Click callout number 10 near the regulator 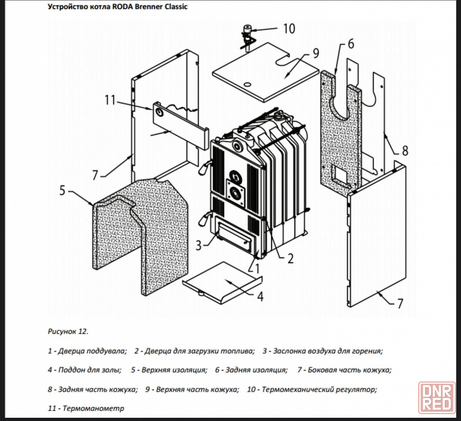click(x=289, y=29)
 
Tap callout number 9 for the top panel click(x=315, y=53)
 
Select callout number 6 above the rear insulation click(x=350, y=44)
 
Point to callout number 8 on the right click(x=405, y=150)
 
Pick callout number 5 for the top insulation click(x=63, y=190)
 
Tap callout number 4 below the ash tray click(x=260, y=297)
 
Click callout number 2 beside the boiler click(x=290, y=259)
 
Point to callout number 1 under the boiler click(x=257, y=266)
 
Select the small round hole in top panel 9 click(x=247, y=85)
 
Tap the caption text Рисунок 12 click(x=67, y=331)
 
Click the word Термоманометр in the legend click(x=93, y=408)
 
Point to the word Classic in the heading click(x=174, y=7)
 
